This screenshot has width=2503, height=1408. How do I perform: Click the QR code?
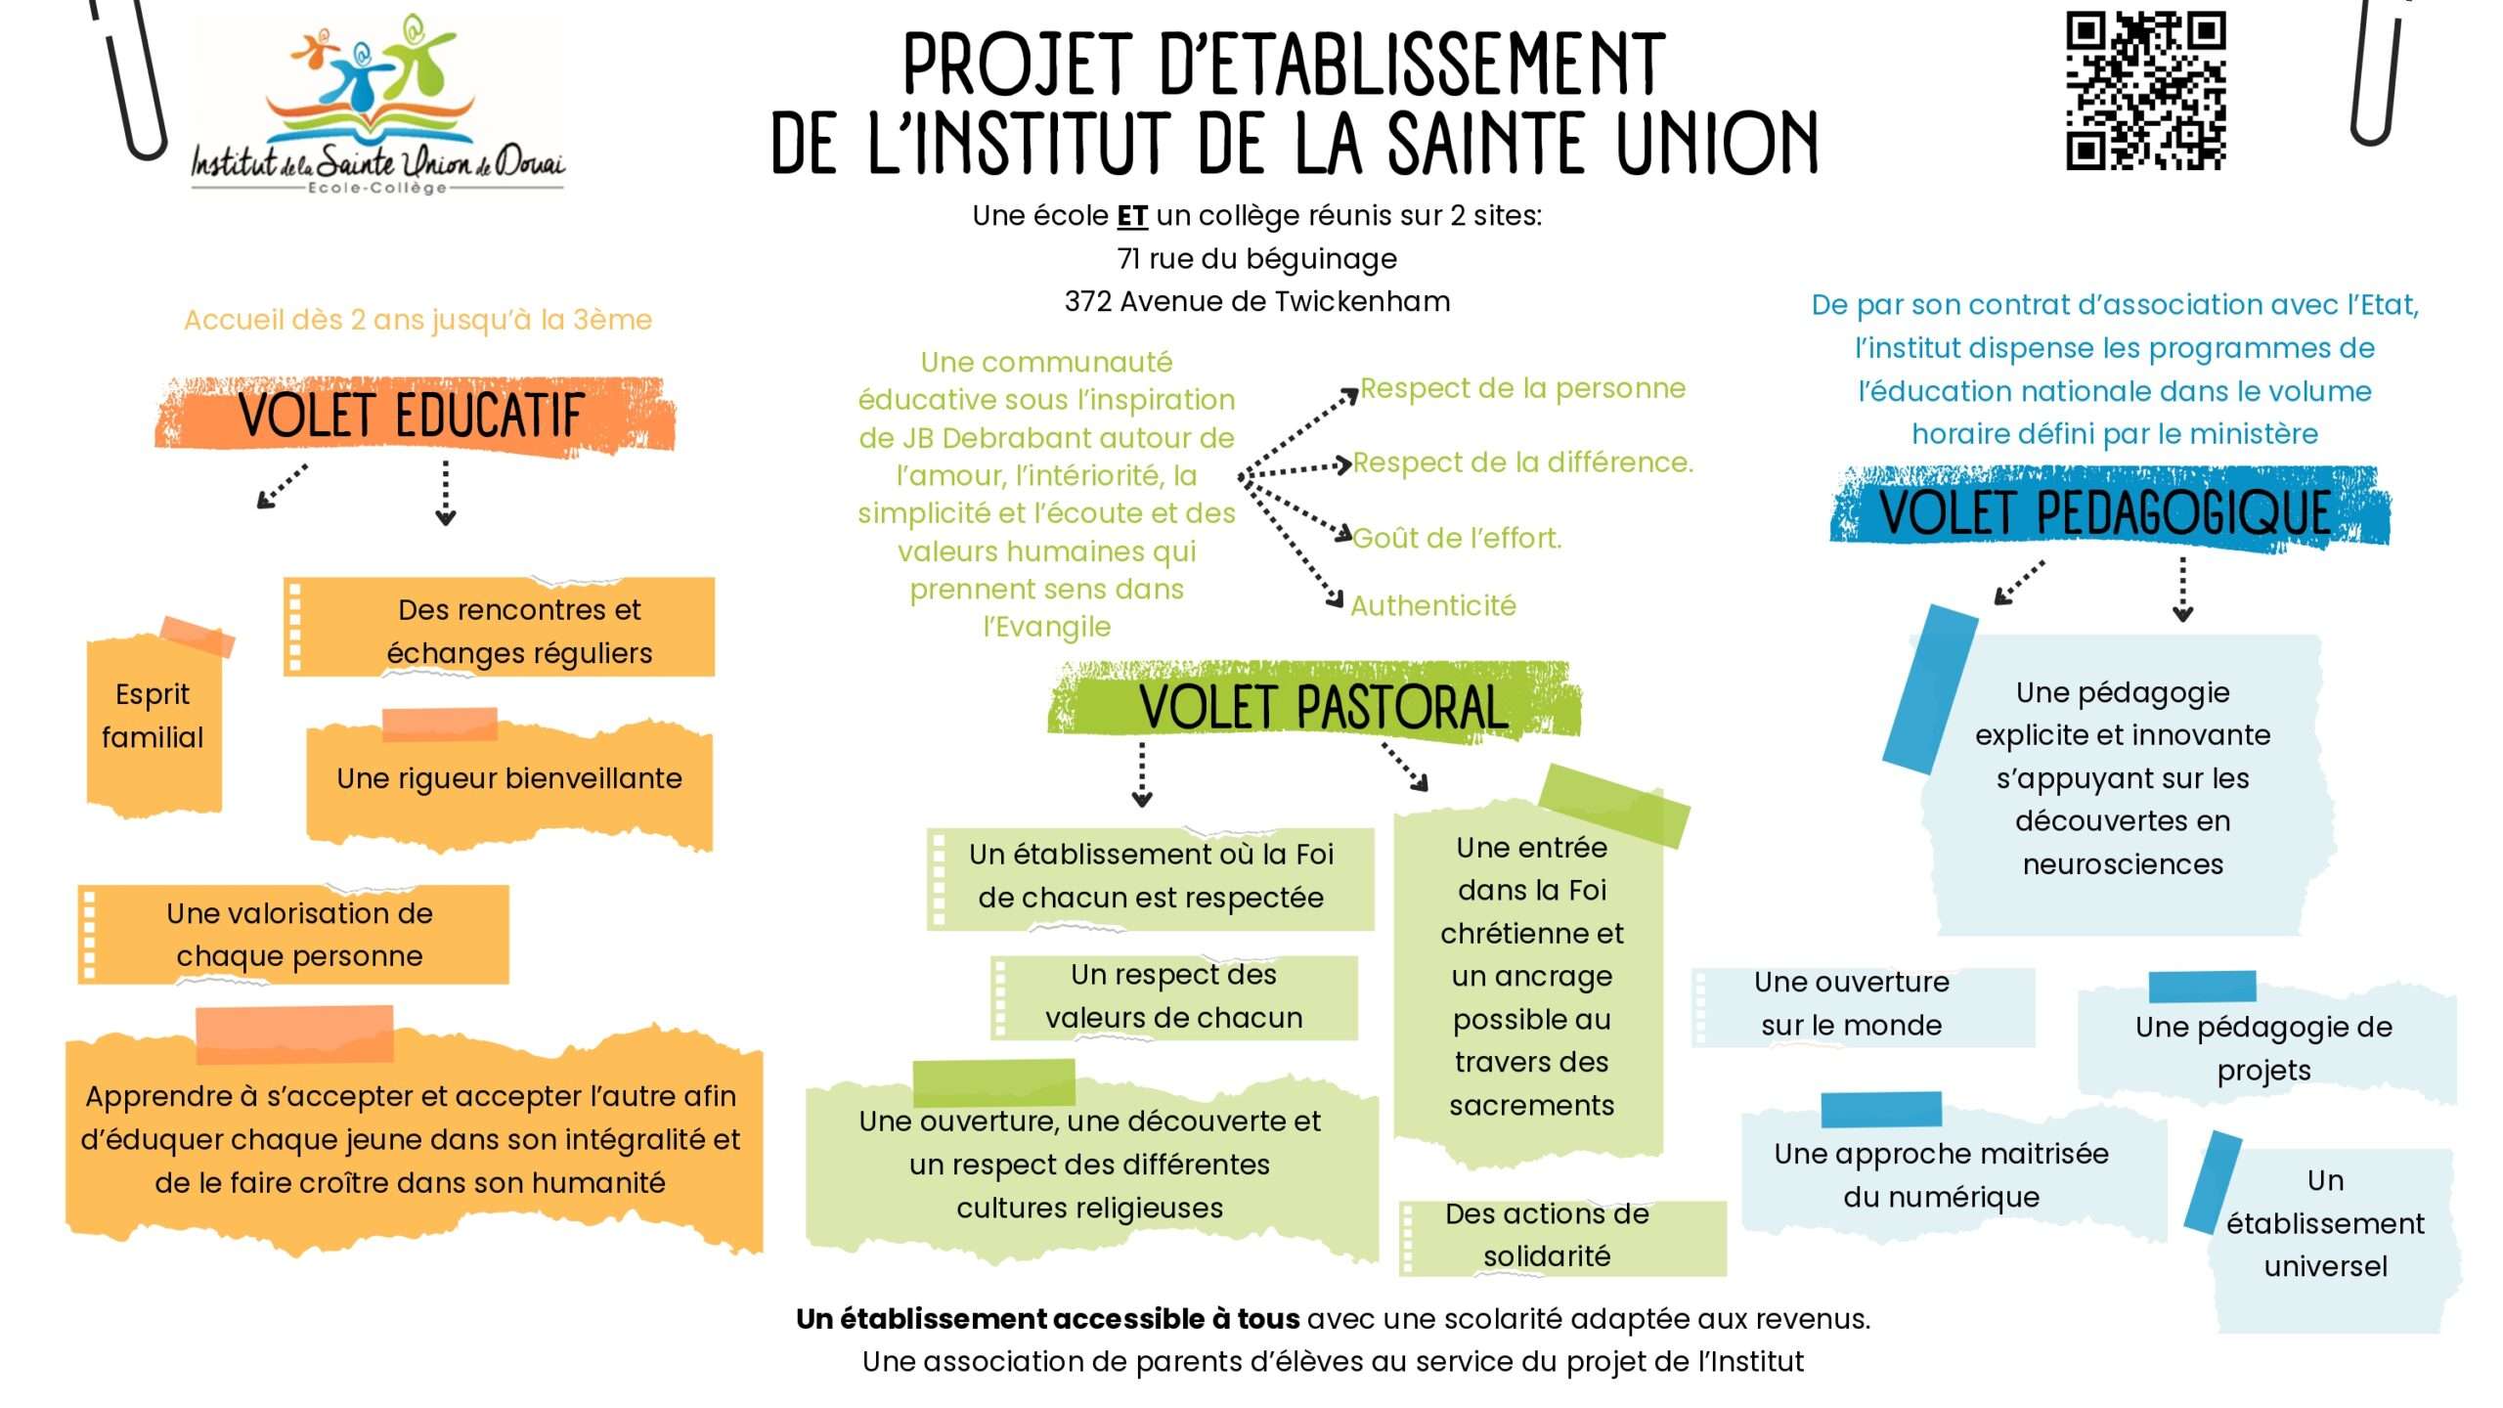pos(2146,90)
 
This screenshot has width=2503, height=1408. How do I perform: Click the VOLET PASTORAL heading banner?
pos(1314,703)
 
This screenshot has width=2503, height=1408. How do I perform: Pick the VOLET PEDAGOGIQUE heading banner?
pos(2110,509)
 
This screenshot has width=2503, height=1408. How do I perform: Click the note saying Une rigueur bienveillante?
pos(509,778)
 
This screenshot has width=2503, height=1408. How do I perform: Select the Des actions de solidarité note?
pos(1562,1236)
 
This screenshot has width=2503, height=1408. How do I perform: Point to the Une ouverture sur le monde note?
pos(1863,1005)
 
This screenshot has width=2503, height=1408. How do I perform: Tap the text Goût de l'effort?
pos(1457,538)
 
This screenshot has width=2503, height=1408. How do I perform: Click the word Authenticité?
pos(1433,606)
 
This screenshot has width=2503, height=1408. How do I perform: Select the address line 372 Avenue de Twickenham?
pos(1257,301)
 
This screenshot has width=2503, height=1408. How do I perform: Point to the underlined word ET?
pos(1132,216)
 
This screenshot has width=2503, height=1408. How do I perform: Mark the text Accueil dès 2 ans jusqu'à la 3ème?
pos(417,320)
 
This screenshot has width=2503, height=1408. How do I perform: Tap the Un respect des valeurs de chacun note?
pos(1173,996)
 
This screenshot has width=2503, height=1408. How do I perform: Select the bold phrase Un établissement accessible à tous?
pos(1047,1319)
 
